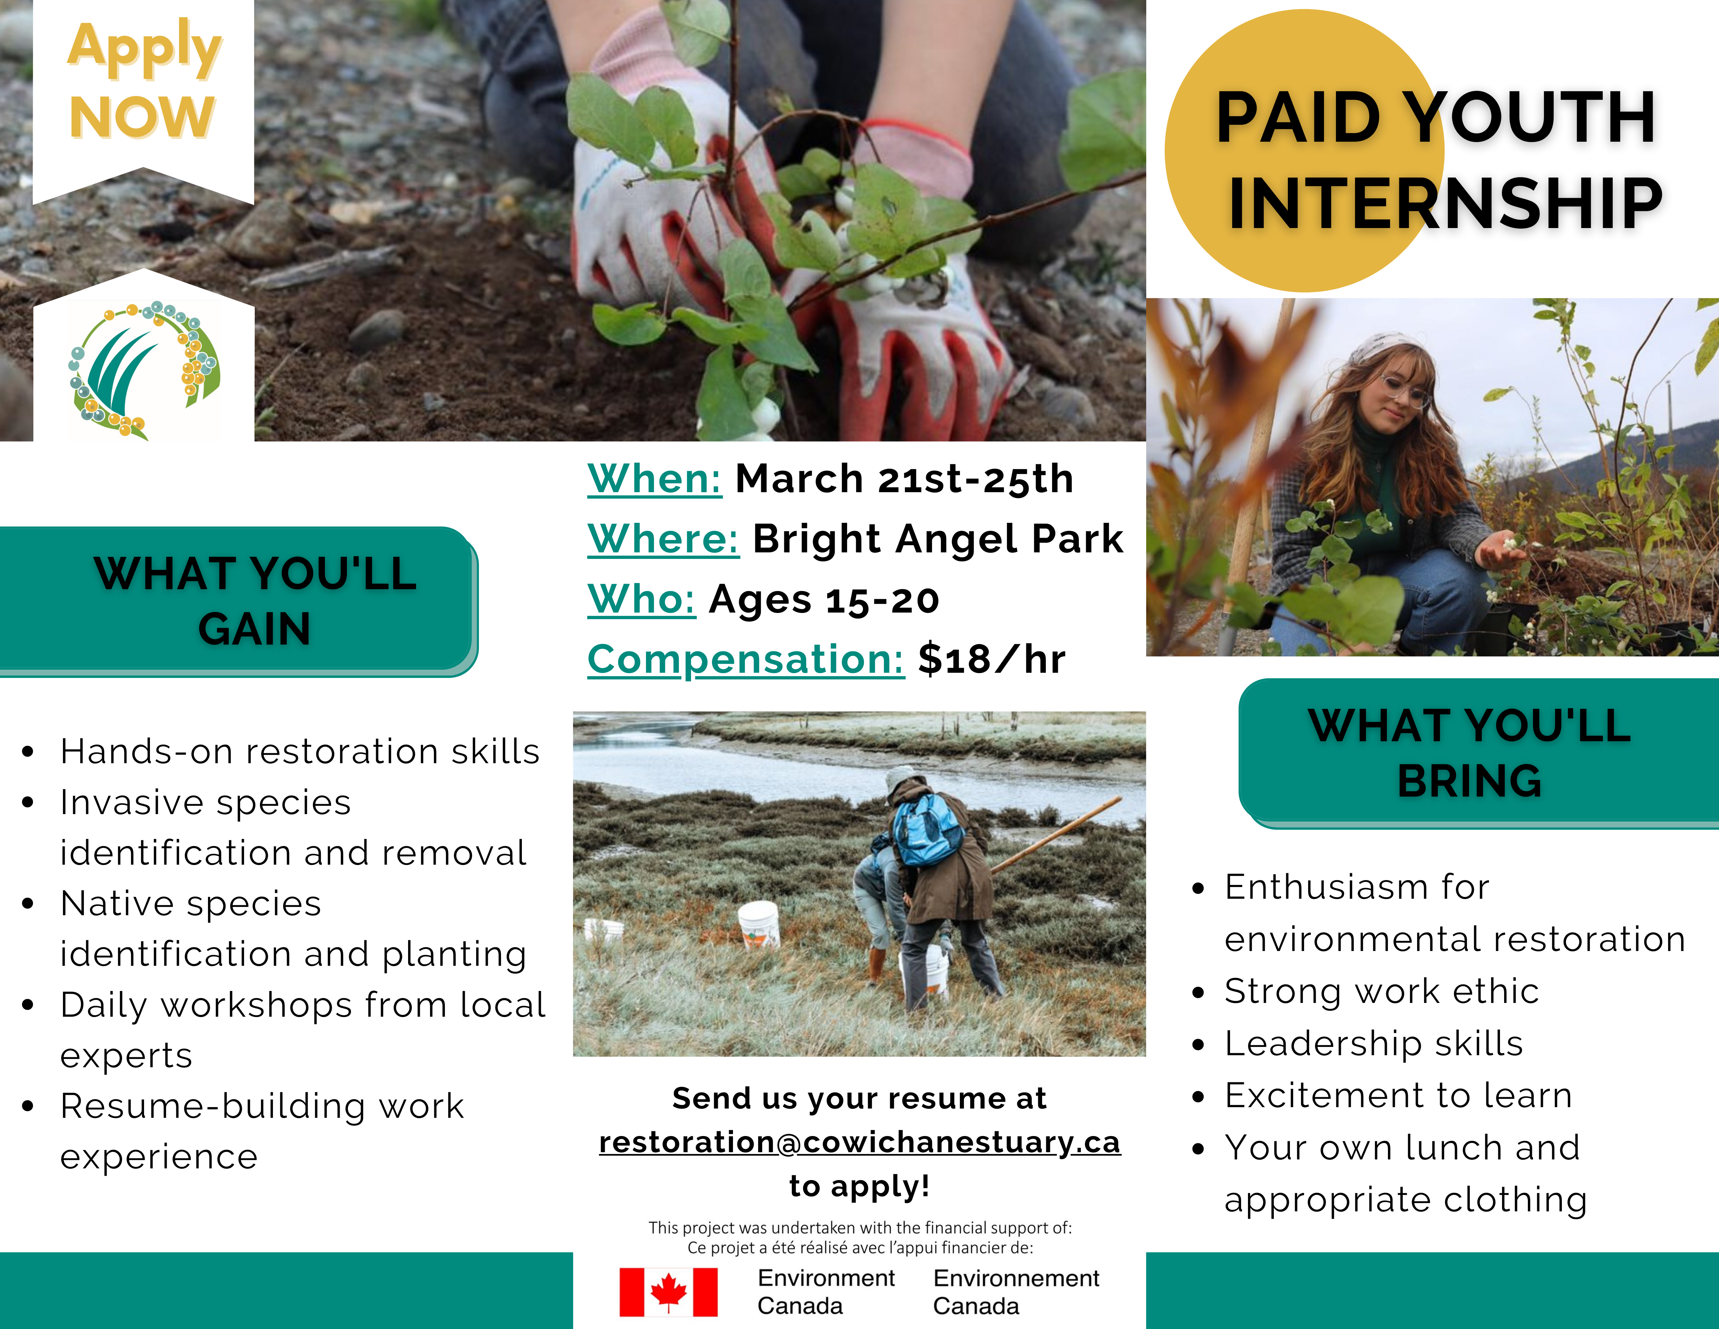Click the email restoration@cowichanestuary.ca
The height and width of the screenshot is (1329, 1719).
pos(859,1142)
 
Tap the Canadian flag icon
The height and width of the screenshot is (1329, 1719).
pos(668,1292)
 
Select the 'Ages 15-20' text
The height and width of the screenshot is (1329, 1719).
pos(824,600)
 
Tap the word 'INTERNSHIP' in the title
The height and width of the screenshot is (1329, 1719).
pos(1445,203)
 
